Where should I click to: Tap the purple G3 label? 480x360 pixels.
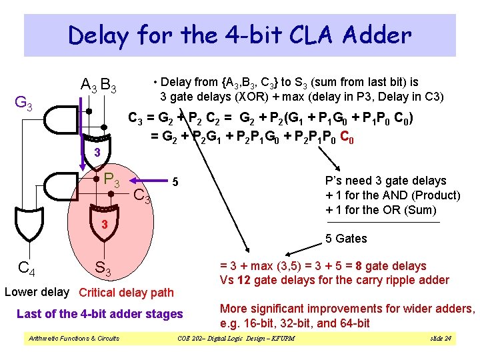tap(25, 104)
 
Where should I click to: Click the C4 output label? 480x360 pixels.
tap(27, 269)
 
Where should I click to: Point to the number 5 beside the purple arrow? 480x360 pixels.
tap(175, 181)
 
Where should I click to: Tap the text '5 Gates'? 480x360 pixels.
tap(346, 239)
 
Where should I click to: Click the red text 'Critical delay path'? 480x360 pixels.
tap(126, 292)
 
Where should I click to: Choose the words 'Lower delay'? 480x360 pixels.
tap(37, 291)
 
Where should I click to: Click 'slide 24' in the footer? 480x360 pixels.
tap(441, 339)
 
